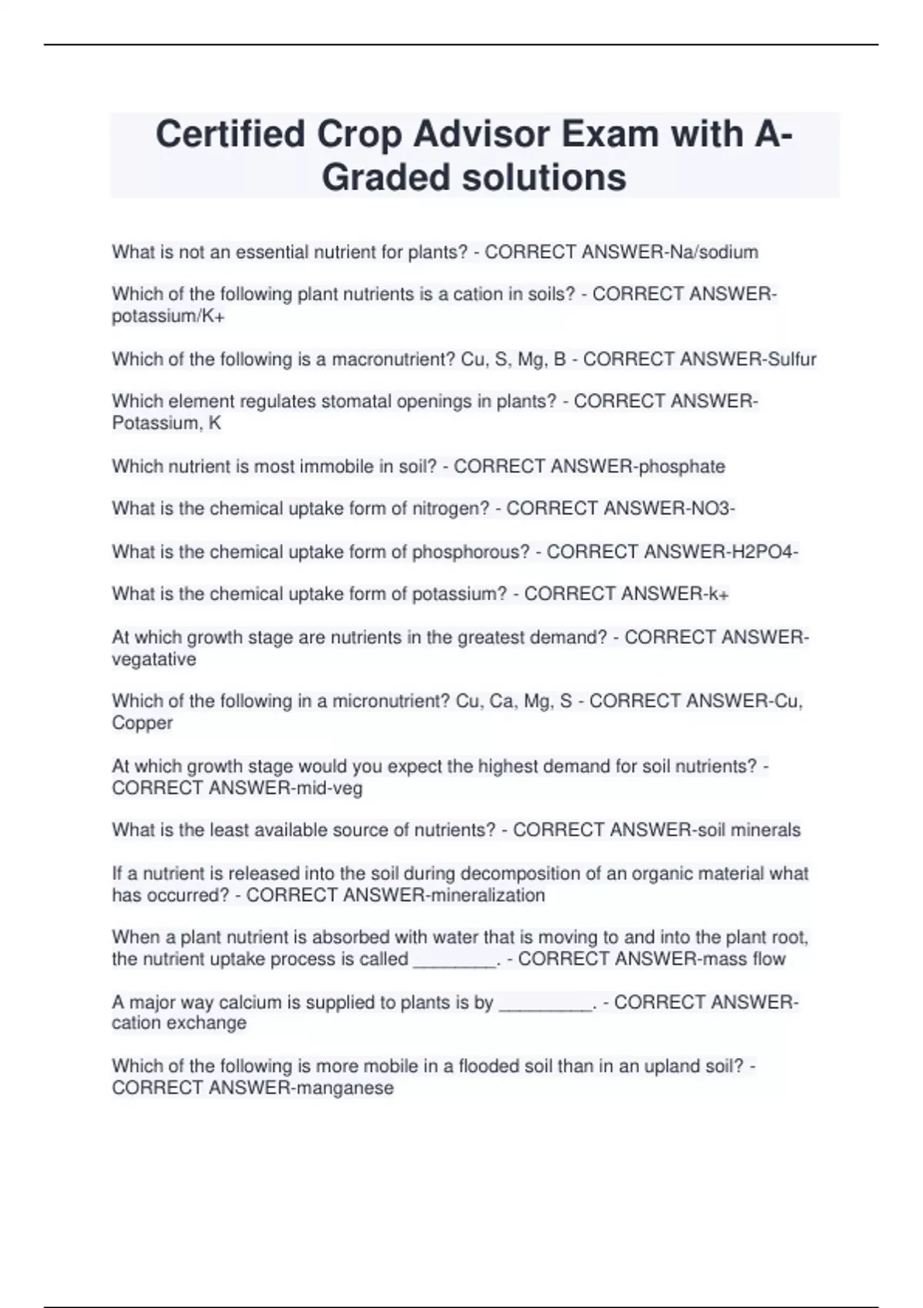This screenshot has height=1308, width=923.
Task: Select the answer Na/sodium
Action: click(715, 252)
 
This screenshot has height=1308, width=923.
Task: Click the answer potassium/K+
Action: click(168, 316)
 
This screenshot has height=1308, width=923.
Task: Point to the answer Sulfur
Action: click(791, 359)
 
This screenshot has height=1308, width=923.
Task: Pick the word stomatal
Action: click(335, 402)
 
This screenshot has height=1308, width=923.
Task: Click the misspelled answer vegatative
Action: click(154, 659)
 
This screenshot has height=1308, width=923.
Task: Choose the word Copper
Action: click(142, 723)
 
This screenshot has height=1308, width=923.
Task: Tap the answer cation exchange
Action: click(179, 1023)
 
